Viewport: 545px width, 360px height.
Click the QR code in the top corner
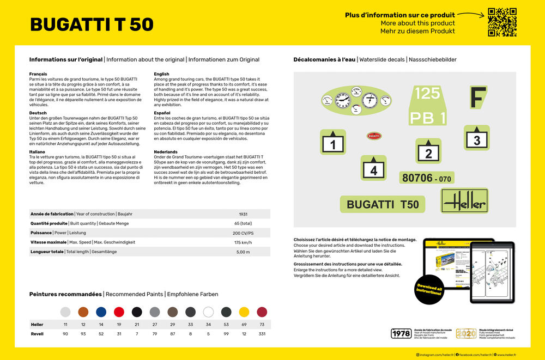(501, 22)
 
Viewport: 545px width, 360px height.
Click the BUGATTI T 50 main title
(92, 25)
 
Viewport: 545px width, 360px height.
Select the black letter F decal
(478, 97)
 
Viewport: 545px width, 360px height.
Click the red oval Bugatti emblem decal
(374, 136)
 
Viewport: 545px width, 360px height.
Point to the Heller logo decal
(464, 202)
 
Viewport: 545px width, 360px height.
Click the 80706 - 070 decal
(427, 178)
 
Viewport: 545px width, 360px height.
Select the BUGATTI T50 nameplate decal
(383, 204)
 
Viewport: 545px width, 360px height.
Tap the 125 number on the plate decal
(427, 93)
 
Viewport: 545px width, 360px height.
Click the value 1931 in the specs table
(244, 214)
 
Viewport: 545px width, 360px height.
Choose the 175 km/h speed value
(244, 242)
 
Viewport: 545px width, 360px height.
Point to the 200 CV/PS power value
(244, 233)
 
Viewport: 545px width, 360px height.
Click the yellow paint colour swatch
(244, 312)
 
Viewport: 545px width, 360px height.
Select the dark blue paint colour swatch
(101, 312)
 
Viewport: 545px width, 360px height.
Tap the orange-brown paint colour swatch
(83, 312)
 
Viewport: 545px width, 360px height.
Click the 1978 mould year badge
(401, 333)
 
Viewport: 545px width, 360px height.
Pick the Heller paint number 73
(262, 325)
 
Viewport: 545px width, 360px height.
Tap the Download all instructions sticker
(429, 289)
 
